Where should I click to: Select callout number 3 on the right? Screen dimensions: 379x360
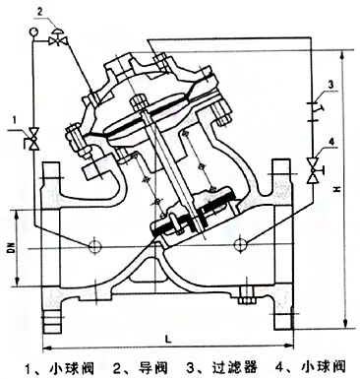(330, 83)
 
